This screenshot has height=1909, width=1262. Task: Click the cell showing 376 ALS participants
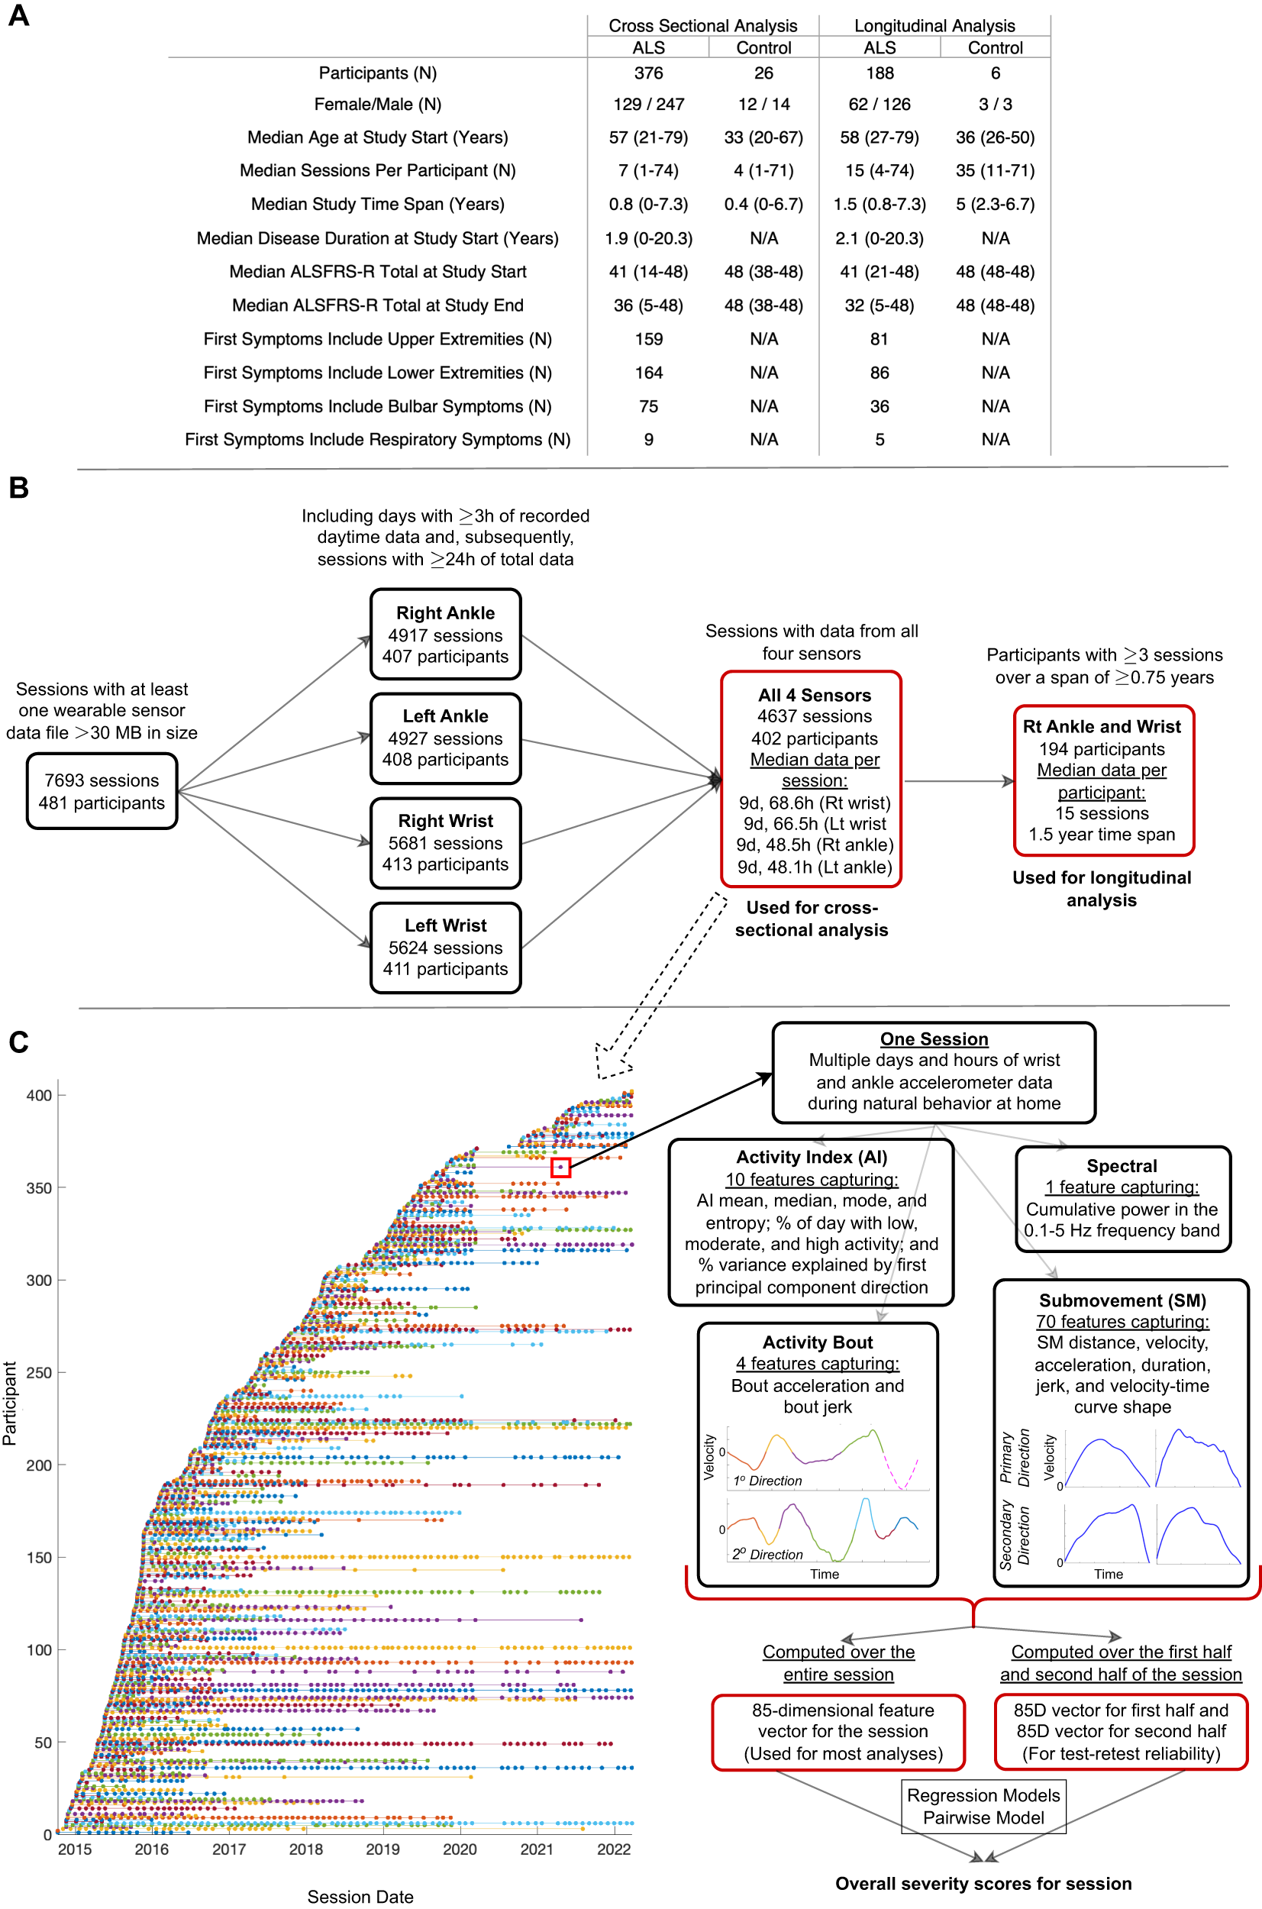pyautogui.click(x=648, y=73)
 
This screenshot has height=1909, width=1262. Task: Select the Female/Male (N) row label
pyautogui.click(x=377, y=105)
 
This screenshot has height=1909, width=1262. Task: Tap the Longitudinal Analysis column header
pyautogui.click(x=934, y=26)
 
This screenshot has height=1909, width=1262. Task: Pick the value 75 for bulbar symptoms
pyautogui.click(x=648, y=406)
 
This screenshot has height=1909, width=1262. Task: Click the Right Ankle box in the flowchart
pyautogui.click(x=445, y=635)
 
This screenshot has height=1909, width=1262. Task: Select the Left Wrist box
pyautogui.click(x=445, y=948)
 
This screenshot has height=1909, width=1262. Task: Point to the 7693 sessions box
pyautogui.click(x=102, y=791)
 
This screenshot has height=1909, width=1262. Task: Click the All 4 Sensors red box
pyautogui.click(x=812, y=779)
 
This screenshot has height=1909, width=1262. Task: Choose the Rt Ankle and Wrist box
pyautogui.click(x=1102, y=780)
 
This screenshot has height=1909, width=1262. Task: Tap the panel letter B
pyautogui.click(x=18, y=488)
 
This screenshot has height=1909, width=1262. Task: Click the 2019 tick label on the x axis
pyautogui.click(x=382, y=1849)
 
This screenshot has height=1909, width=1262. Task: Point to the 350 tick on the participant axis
pyautogui.click(x=39, y=1188)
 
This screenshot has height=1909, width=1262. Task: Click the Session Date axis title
pyautogui.click(x=360, y=1897)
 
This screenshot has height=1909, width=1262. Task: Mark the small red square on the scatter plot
pyautogui.click(x=561, y=1167)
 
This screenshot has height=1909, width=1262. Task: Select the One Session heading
pyautogui.click(x=934, y=1039)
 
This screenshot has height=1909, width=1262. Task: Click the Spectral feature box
pyautogui.click(x=1123, y=1198)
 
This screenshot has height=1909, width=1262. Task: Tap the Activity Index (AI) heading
pyautogui.click(x=812, y=1158)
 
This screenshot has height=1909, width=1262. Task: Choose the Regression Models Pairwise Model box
pyautogui.click(x=983, y=1806)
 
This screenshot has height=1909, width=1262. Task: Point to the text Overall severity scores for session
pyautogui.click(x=983, y=1883)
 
